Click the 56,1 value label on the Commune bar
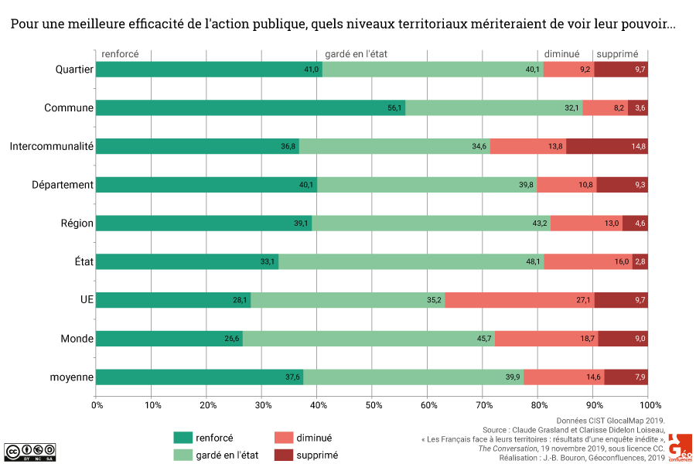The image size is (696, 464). tap(395, 108)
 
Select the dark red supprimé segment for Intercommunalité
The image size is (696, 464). tap(607, 146)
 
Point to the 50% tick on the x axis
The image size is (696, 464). tap(373, 404)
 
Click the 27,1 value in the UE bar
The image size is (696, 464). tap(583, 300)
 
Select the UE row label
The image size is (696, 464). tap(85, 300)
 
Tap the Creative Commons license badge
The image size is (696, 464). tap(30, 451)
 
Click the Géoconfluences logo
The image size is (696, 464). tap(681, 448)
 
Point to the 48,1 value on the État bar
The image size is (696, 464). tap(534, 262)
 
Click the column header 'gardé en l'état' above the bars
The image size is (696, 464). tap(357, 54)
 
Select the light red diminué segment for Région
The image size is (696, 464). tap(586, 223)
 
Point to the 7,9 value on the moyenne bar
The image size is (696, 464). tap(639, 377)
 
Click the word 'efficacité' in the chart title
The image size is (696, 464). tap(169, 24)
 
